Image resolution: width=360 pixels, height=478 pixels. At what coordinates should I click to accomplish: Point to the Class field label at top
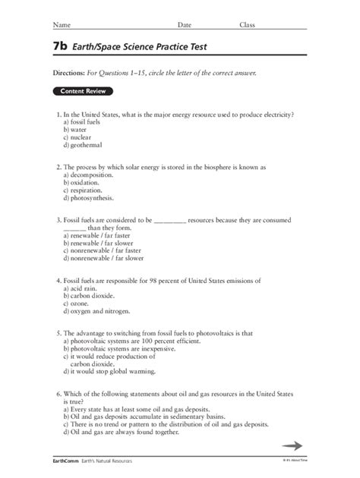[x=248, y=25]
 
